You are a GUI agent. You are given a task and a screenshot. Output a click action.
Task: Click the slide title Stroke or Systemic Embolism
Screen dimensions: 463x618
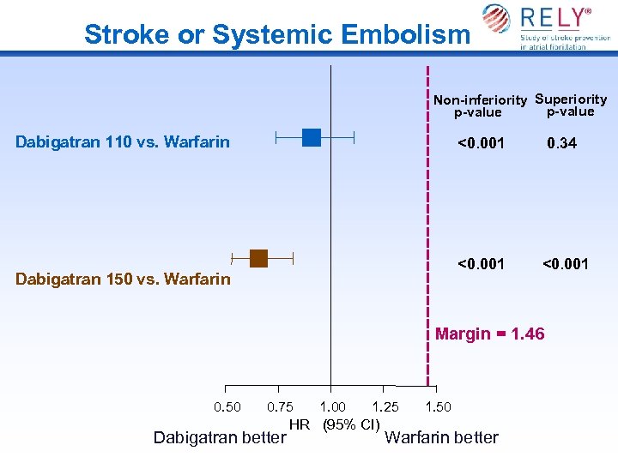pos(276,34)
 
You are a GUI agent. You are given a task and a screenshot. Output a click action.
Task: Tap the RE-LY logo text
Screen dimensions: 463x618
pos(557,18)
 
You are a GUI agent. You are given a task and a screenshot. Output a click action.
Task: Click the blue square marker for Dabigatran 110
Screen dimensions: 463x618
pos(312,137)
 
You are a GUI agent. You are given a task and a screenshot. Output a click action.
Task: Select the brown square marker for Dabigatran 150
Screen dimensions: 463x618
pos(259,258)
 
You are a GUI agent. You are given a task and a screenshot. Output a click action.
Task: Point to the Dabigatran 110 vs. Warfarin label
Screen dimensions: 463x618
pos(123,141)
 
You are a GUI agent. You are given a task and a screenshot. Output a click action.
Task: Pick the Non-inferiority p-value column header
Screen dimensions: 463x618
pos(479,105)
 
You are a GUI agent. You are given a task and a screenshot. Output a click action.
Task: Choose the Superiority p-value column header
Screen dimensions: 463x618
pos(571,105)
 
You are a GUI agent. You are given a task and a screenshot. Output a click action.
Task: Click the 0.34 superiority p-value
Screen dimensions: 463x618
pos(562,143)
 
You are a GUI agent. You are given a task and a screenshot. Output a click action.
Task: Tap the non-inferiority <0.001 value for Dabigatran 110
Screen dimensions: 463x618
pos(481,142)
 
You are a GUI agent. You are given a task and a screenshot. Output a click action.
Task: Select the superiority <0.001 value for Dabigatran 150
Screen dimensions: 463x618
pos(565,263)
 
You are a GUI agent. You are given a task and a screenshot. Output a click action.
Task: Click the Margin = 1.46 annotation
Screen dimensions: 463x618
pos(489,334)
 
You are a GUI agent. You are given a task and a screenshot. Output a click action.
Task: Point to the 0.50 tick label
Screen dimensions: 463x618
pos(227,407)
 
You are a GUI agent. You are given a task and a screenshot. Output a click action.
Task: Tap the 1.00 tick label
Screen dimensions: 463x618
pos(333,407)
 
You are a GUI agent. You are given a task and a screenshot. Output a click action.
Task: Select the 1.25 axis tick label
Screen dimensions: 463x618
pos(385,407)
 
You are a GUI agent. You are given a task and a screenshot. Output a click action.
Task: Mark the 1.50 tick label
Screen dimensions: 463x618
pos(438,407)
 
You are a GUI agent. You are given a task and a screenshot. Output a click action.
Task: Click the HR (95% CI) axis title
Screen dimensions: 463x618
pos(335,424)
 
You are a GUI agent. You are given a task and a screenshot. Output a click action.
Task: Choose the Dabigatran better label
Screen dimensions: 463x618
pos(219,438)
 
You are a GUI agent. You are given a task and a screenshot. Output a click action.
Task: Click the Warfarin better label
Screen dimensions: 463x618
pos(442,437)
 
